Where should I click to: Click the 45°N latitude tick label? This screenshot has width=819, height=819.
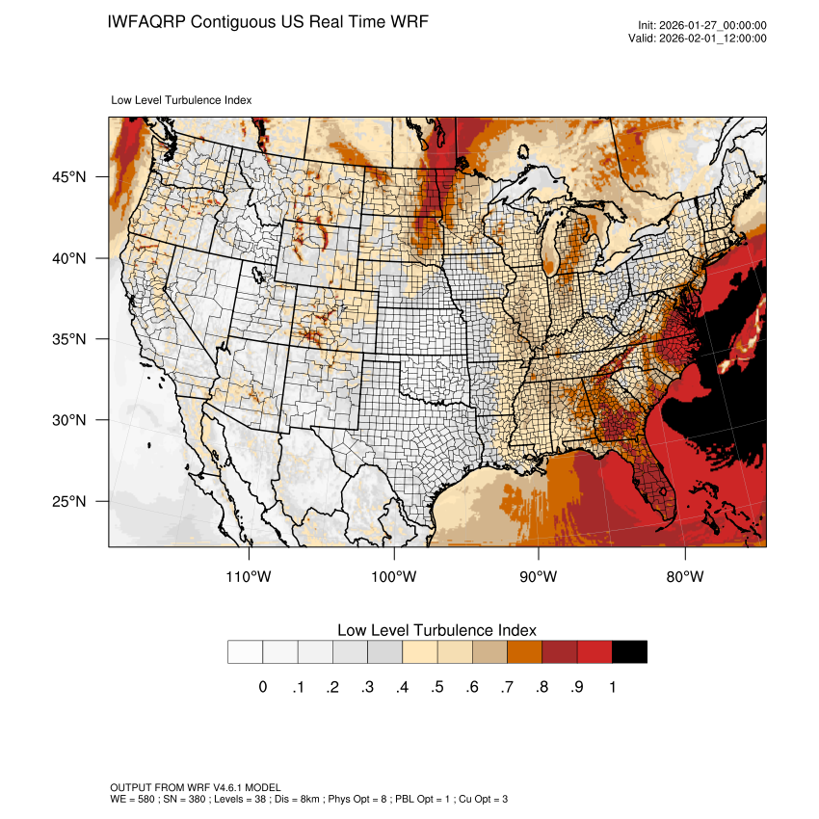pyautogui.click(x=69, y=177)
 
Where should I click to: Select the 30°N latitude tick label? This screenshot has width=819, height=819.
pyautogui.click(x=69, y=420)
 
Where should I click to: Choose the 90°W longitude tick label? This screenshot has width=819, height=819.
pyautogui.click(x=539, y=577)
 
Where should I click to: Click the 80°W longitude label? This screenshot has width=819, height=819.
pyautogui.click(x=684, y=577)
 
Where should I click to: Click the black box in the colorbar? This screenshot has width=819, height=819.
pyautogui.click(x=629, y=652)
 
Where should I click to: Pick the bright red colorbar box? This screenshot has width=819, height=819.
pyautogui.click(x=594, y=652)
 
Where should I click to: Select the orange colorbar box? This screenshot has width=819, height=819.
pyautogui.click(x=525, y=652)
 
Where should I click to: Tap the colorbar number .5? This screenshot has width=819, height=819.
pyautogui.click(x=436, y=687)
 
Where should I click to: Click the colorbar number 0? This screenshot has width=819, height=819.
pyautogui.click(x=262, y=687)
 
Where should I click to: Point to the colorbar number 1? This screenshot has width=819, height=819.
pyautogui.click(x=612, y=687)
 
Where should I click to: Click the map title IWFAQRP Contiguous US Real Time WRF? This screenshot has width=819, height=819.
pyautogui.click(x=268, y=21)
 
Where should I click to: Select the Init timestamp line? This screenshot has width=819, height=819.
pyautogui.click(x=702, y=26)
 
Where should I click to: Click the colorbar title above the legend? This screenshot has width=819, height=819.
pyautogui.click(x=436, y=630)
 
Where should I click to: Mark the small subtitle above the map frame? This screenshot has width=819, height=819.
pyautogui.click(x=181, y=99)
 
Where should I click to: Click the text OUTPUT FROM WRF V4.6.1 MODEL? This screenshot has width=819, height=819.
pyautogui.click(x=196, y=788)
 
